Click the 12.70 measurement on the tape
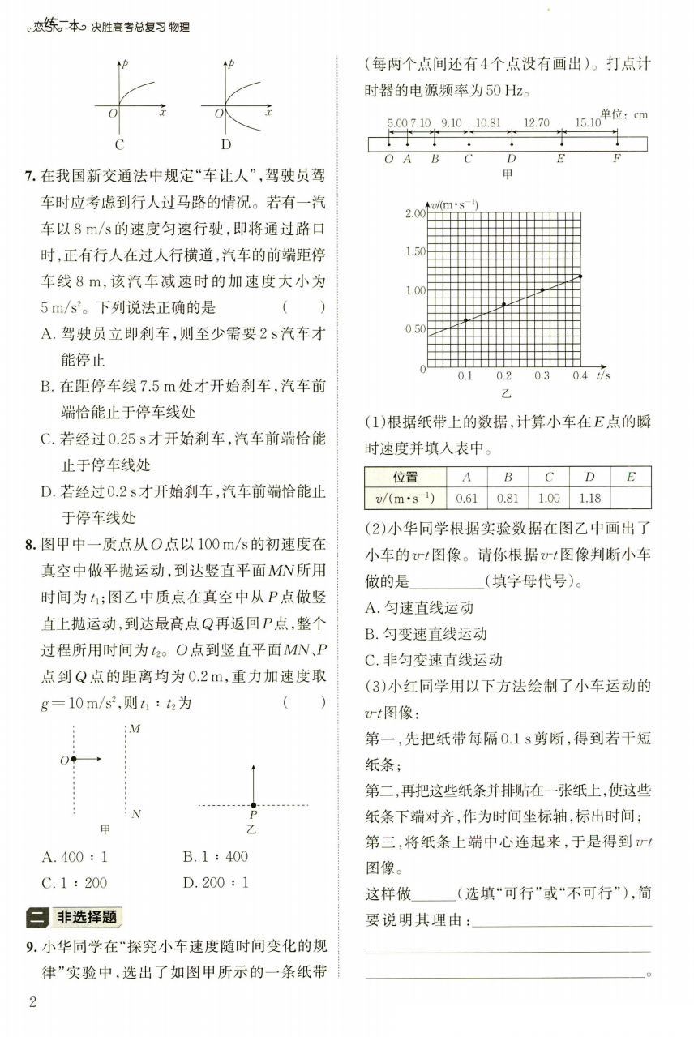(x=537, y=124)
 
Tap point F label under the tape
(x=616, y=159)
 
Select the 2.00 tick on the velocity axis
(x=414, y=213)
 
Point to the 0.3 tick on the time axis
(x=542, y=376)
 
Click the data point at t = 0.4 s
(x=580, y=276)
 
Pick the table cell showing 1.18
(x=590, y=499)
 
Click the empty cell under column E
(x=630, y=499)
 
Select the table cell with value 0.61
(x=468, y=499)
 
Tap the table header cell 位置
(x=405, y=478)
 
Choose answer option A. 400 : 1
(x=75, y=856)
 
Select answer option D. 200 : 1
(x=216, y=882)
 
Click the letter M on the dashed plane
(x=135, y=729)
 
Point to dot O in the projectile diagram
(x=74, y=759)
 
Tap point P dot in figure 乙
(x=253, y=804)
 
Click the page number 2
(x=33, y=1001)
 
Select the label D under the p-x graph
(x=225, y=145)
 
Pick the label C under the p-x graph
(x=119, y=145)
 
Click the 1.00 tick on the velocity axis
(x=414, y=290)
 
